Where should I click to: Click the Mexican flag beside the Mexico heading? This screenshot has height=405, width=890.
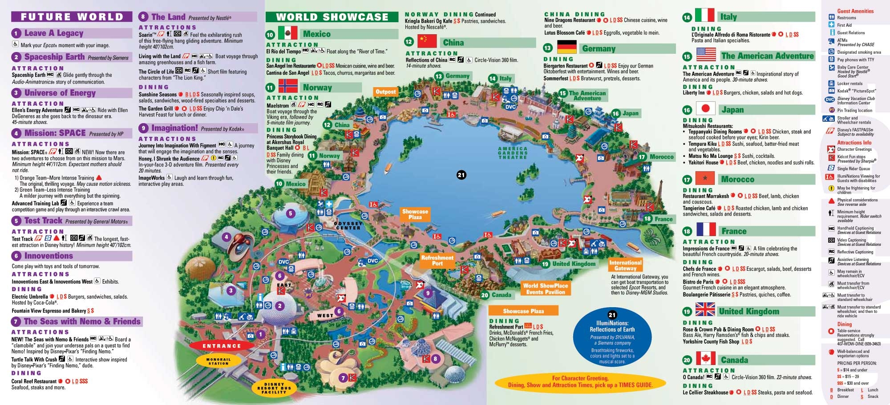point(287,33)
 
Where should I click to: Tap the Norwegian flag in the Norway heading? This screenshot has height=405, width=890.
point(288,86)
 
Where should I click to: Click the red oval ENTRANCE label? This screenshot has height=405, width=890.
point(222,346)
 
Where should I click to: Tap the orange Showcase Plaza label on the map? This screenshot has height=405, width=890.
point(415,214)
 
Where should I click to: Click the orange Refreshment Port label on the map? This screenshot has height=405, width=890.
point(437,261)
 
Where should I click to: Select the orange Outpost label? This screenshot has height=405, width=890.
point(385,92)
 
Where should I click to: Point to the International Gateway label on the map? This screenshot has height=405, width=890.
point(625,265)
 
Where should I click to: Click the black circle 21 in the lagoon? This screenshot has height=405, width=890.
point(461,175)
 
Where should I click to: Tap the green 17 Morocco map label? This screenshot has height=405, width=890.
point(657,157)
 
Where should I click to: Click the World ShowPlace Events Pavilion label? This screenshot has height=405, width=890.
point(545,289)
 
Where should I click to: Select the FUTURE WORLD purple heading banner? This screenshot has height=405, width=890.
point(72,17)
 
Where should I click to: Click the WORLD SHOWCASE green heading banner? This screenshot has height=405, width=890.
point(332,17)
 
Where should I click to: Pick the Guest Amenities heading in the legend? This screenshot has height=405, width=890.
point(855,11)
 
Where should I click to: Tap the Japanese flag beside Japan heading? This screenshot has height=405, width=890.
point(705,108)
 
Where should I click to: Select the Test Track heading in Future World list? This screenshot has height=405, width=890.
point(43,221)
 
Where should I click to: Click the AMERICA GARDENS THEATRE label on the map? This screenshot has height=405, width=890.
point(513,153)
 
